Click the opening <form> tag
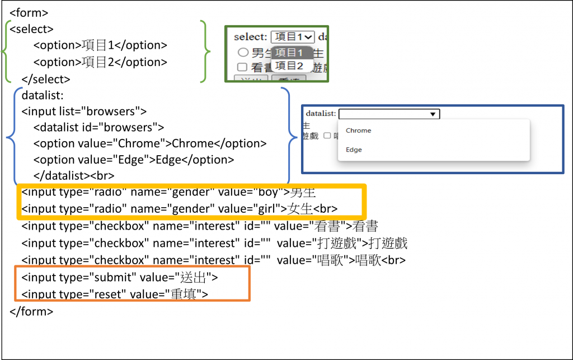(29, 12)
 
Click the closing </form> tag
(31, 311)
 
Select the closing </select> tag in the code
(45, 79)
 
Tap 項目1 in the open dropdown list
(290, 53)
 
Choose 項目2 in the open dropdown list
(290, 66)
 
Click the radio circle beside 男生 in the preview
(243, 53)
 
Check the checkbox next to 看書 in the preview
(242, 67)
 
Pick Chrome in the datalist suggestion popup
(359, 130)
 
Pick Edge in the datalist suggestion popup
(354, 150)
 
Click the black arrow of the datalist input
(432, 114)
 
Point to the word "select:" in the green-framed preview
(250, 37)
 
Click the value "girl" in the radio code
(271, 209)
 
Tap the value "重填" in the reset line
(185, 294)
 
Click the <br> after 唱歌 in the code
(393, 260)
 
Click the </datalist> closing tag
(61, 175)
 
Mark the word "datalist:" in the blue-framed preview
(321, 114)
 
